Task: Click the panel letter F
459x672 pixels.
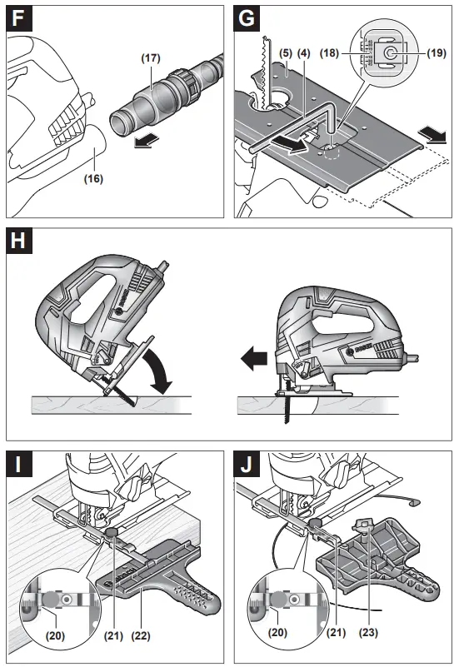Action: click(19, 19)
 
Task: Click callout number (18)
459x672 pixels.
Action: click(331, 54)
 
